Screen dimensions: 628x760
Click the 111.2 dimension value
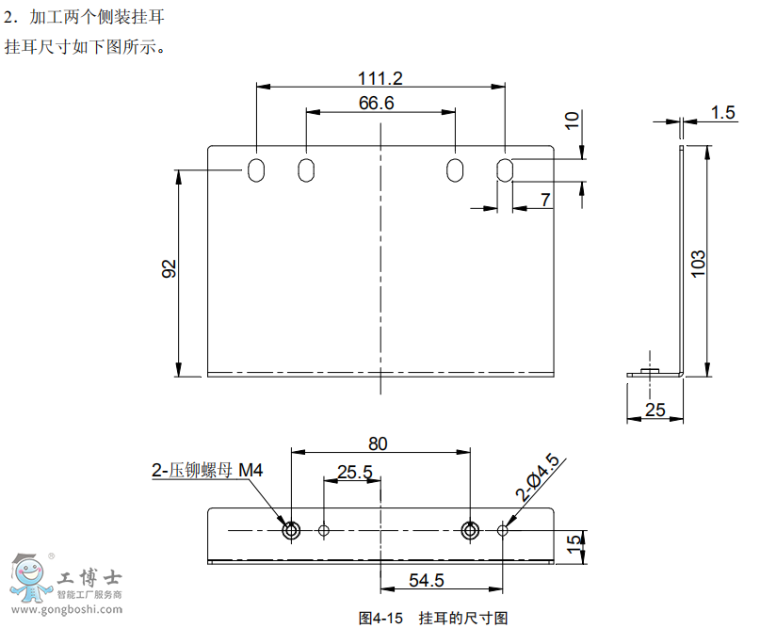click(380, 77)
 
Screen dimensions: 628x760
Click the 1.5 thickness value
click(723, 113)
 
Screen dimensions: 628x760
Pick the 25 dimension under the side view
click(655, 410)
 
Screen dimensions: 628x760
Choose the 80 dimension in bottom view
click(379, 443)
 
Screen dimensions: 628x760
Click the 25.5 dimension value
click(354, 471)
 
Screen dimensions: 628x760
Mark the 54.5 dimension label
click(427, 580)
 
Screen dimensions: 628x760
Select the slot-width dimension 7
click(546, 199)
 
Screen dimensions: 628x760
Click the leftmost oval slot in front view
click(256, 170)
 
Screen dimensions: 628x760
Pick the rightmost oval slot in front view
click(505, 170)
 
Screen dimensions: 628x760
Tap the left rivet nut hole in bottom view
click(291, 530)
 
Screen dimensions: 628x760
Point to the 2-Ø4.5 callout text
click(538, 476)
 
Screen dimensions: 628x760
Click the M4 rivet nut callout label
click(205, 470)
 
